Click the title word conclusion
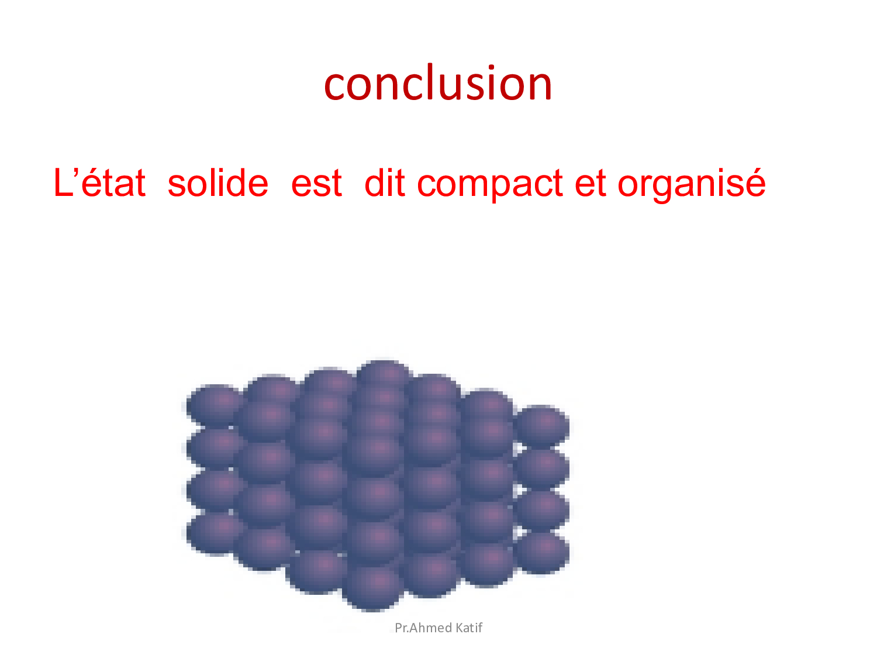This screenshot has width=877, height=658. (x=437, y=82)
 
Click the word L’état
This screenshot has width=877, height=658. (x=100, y=182)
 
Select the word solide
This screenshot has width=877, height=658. (x=217, y=182)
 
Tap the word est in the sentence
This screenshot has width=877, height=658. (x=316, y=184)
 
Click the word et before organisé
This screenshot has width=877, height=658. (x=590, y=184)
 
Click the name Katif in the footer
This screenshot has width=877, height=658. (x=469, y=628)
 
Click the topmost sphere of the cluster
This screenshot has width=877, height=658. (x=384, y=375)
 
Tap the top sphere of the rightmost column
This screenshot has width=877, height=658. (x=542, y=425)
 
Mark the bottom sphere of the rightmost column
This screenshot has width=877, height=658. (x=542, y=553)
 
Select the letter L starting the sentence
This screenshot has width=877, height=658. (x=63, y=182)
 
